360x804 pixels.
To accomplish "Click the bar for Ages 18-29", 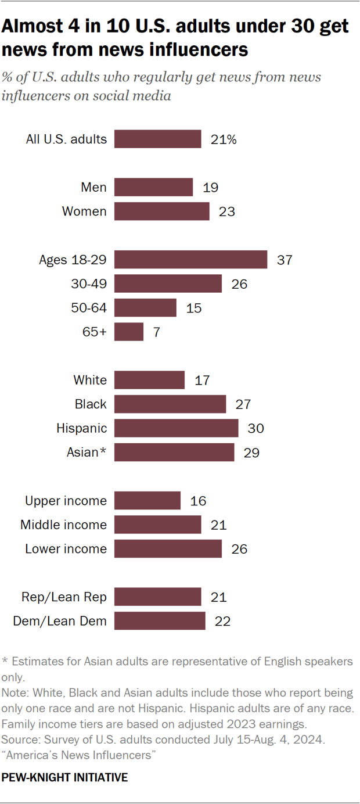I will [x=190, y=259].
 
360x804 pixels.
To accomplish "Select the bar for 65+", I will [x=129, y=332].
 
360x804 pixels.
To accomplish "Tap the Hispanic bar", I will [x=176, y=428].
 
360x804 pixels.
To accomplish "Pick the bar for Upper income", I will [x=147, y=501].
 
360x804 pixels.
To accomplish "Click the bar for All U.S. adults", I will [x=157, y=139].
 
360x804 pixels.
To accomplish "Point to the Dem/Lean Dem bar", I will [x=160, y=621].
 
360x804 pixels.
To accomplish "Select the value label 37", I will [x=285, y=260].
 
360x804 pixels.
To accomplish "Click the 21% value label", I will [x=224, y=139].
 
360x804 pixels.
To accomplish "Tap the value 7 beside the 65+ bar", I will [x=156, y=332].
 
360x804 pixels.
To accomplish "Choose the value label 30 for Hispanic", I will [x=255, y=429].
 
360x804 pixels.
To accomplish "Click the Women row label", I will [x=84, y=211].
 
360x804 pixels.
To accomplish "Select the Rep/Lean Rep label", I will [x=64, y=597].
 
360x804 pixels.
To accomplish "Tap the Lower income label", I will [x=66, y=549].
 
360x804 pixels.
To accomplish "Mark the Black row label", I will [x=91, y=404].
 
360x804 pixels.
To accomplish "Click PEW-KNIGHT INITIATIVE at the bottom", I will [x=65, y=777].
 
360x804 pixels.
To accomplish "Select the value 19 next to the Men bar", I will [x=211, y=188].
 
